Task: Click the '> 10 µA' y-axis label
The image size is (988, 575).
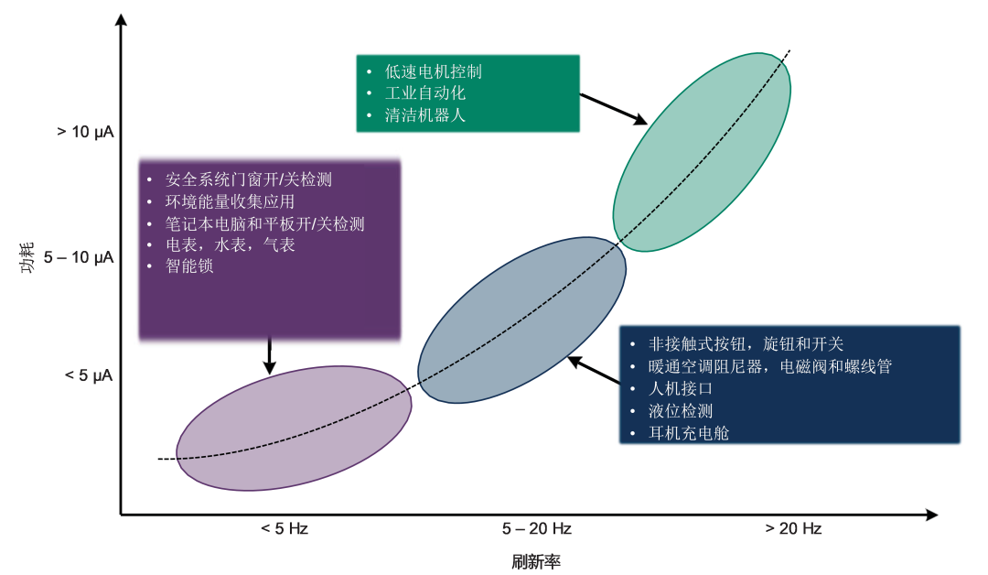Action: click(85, 133)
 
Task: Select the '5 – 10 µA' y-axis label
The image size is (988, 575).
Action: click(79, 257)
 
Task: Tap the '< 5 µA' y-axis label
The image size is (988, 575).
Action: click(89, 374)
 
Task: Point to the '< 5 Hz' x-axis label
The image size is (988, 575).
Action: click(284, 528)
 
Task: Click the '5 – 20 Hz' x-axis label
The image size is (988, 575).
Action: click(536, 528)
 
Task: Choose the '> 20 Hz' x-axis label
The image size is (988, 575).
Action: click(793, 528)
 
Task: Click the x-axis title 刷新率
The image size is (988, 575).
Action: click(535, 561)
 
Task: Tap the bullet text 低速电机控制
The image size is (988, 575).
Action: click(433, 71)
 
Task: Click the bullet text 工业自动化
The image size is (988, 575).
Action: click(425, 93)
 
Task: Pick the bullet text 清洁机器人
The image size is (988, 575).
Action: click(425, 115)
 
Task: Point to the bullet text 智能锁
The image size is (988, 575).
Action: click(189, 266)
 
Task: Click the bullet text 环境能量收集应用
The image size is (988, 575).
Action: click(230, 201)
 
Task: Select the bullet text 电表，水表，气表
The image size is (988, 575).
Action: click(230, 244)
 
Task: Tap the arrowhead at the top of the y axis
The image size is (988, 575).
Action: click(121, 18)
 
